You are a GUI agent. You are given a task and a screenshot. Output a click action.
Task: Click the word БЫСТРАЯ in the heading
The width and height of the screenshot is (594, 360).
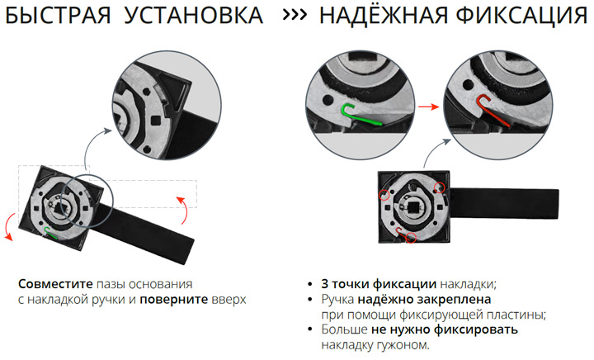[x=58, y=16]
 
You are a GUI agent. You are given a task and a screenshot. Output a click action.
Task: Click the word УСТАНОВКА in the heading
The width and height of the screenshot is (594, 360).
[x=194, y=16]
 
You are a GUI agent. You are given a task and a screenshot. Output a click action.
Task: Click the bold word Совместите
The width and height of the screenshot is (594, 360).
[x=55, y=284]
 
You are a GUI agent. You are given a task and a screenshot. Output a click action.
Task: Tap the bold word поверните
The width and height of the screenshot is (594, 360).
[x=173, y=300]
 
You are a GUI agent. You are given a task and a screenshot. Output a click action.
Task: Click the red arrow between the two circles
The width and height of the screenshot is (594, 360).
[x=428, y=107]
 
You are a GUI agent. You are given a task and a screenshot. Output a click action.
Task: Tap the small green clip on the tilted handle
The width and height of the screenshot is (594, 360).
[x=49, y=233]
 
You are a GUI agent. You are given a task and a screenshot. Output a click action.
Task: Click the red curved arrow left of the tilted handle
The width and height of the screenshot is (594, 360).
[x=10, y=226]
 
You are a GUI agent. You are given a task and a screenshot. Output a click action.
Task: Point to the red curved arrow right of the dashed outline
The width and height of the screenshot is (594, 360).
[x=183, y=211]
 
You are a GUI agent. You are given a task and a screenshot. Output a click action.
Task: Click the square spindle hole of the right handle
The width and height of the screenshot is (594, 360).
[x=413, y=207]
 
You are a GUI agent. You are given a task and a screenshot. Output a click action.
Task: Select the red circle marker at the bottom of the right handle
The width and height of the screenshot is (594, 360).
[x=411, y=238]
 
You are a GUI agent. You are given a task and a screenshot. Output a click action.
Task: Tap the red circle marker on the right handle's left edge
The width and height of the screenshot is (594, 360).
[x=384, y=195]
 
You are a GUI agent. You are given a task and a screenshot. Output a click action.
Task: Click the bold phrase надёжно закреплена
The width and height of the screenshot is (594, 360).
[x=424, y=300]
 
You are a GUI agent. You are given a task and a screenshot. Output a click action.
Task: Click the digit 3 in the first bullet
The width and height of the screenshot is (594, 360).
[x=325, y=284]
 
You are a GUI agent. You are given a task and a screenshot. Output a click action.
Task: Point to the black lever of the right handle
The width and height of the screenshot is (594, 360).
[x=503, y=203]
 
